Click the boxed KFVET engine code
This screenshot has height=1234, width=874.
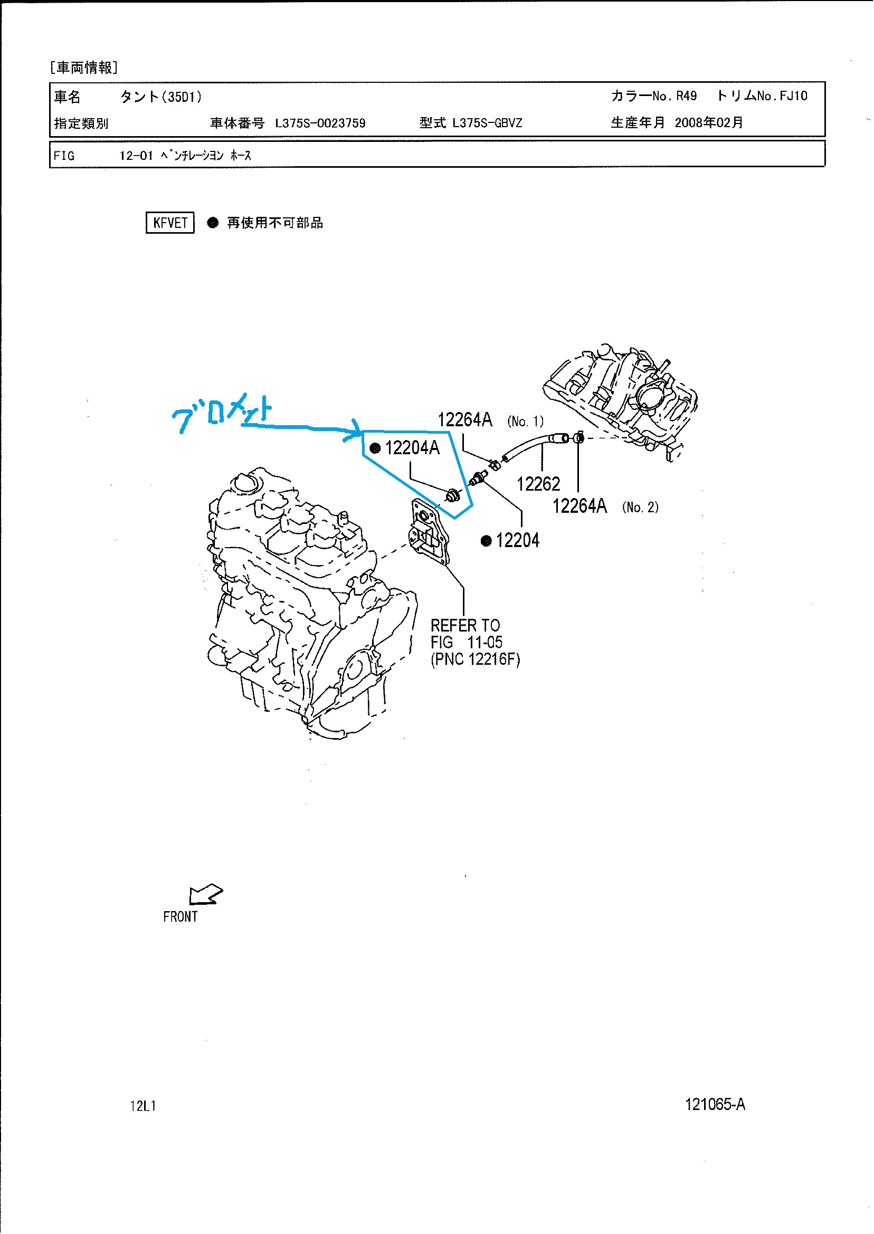pos(170,223)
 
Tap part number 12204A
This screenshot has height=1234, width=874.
pos(412,447)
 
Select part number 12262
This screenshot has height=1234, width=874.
pos(538,484)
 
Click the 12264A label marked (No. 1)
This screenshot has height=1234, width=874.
pos(465,419)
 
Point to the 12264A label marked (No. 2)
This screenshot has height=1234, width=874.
pos(579,505)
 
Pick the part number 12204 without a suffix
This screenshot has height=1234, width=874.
pos(518,540)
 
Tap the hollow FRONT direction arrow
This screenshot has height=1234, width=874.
pos(206,894)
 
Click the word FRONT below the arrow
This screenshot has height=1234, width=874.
pos(180,916)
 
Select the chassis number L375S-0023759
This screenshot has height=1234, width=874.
pos(320,123)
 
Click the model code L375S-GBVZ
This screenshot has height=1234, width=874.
pos(487,122)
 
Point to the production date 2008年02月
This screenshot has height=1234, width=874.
pos(709,122)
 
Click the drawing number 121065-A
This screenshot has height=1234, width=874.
pos(715,1104)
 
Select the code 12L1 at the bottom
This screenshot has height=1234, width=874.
pos(143,1106)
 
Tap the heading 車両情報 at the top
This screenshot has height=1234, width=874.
pos(84,68)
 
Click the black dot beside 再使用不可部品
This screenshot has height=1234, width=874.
pos(213,223)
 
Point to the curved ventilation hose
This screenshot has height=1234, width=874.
pos(530,444)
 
